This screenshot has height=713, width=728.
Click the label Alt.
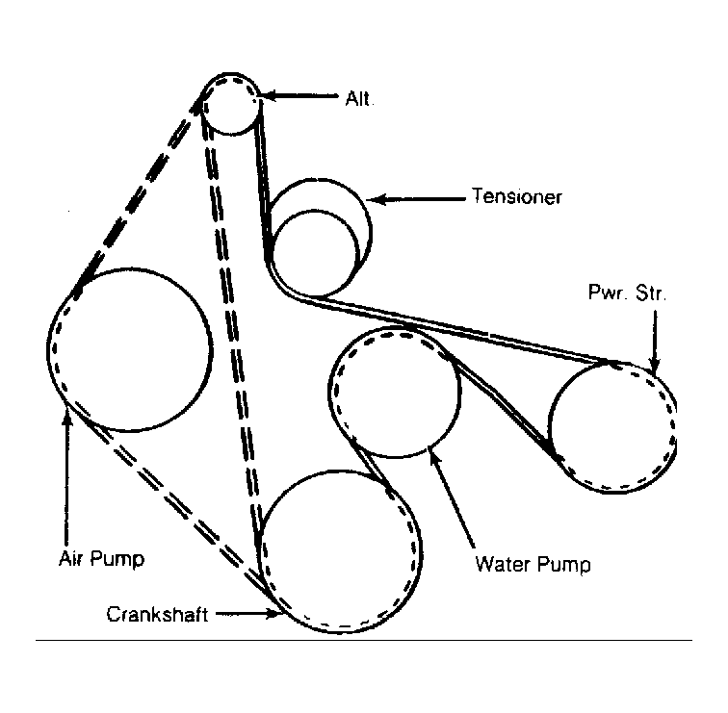click(359, 99)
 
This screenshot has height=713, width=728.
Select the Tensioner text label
click(517, 196)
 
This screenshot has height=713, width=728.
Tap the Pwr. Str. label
click(627, 293)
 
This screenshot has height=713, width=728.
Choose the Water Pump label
click(533, 565)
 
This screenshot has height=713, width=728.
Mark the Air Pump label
click(101, 558)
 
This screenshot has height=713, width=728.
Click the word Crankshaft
click(157, 615)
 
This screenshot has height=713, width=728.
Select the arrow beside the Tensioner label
click(417, 199)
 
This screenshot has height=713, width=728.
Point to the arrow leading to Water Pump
click(453, 496)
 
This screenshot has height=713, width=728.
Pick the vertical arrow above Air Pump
click(67, 479)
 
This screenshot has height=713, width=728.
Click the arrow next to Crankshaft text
click(247, 614)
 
